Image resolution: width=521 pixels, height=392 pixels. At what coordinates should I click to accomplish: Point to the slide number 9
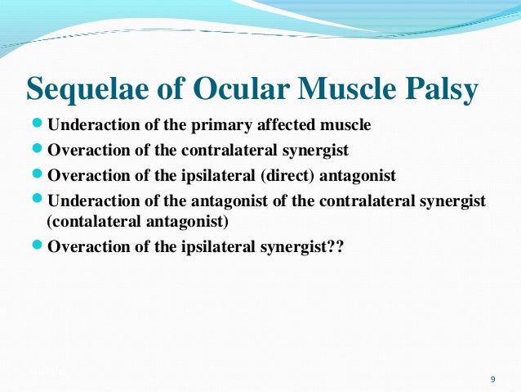(492, 379)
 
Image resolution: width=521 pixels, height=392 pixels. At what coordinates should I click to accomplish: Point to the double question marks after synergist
(336, 246)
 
